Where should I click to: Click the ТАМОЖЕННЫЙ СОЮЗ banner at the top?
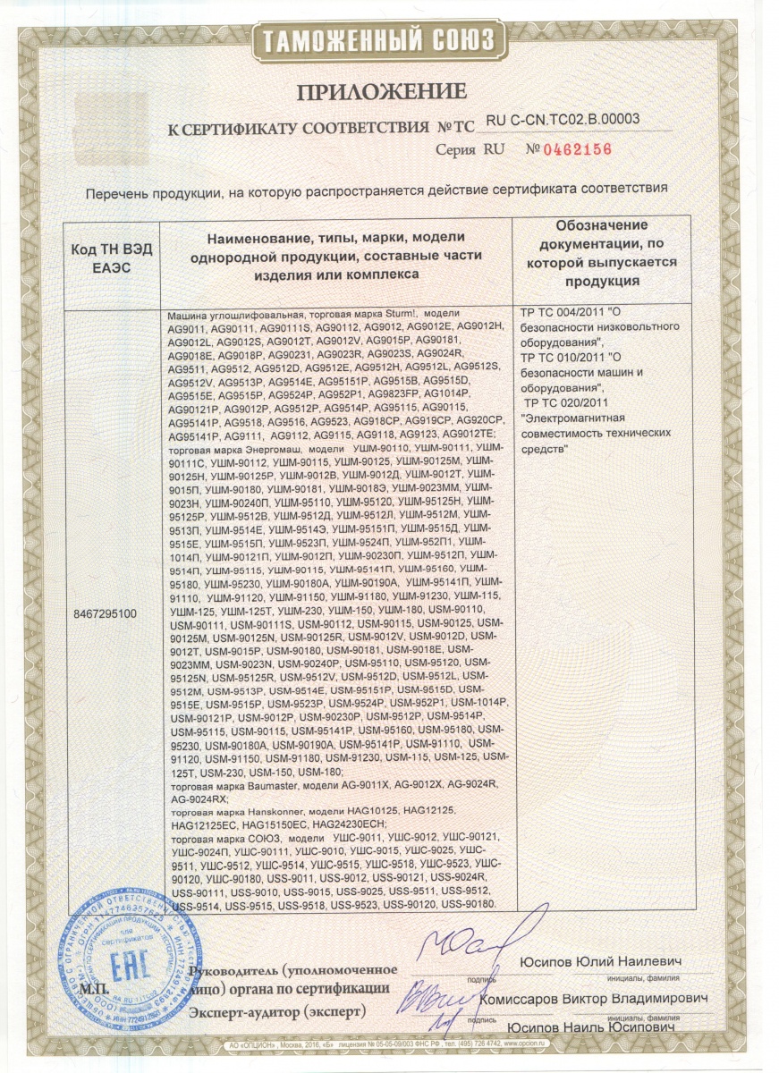tap(389, 40)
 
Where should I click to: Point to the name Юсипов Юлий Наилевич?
tap(601, 960)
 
